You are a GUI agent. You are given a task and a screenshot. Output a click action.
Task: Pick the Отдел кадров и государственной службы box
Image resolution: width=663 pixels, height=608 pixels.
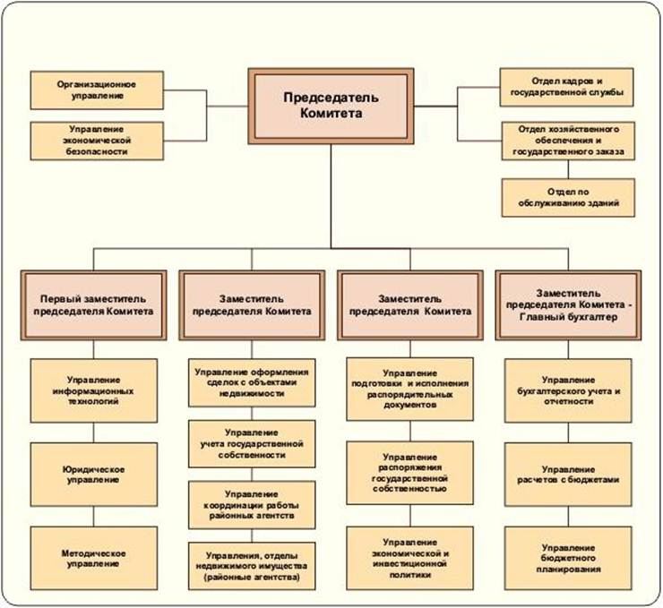[x=565, y=86]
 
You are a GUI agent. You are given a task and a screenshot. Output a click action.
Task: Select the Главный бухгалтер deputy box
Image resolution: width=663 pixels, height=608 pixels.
[x=569, y=304]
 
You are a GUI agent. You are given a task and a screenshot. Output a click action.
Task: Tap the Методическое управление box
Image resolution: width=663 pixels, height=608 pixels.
[x=94, y=556]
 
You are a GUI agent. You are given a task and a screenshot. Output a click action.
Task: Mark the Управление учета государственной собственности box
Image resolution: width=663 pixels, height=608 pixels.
[x=252, y=443]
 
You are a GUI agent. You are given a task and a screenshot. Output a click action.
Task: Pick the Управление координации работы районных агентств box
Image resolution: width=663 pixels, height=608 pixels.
[x=252, y=505]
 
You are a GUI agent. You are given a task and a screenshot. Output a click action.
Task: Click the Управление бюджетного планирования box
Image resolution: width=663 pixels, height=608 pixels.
[x=567, y=556]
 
